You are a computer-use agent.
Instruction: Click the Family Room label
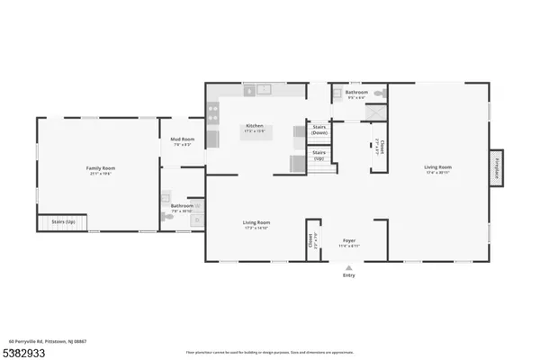coord(100,169)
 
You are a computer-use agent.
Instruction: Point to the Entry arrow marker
coord(348,267)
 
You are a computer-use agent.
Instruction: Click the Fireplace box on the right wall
coord(496,167)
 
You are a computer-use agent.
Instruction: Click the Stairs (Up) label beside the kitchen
coord(319,155)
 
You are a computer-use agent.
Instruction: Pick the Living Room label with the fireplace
coord(438,168)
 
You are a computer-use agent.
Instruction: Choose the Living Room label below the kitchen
coord(256,224)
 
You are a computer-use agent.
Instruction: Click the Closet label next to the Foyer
coord(312,240)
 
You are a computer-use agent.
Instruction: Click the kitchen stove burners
coord(213,113)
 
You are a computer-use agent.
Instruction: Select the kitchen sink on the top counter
coord(263,90)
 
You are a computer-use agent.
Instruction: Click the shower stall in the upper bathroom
coord(375,112)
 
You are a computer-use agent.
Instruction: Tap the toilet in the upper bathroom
coord(380,93)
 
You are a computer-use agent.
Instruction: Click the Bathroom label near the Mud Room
coord(183,207)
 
